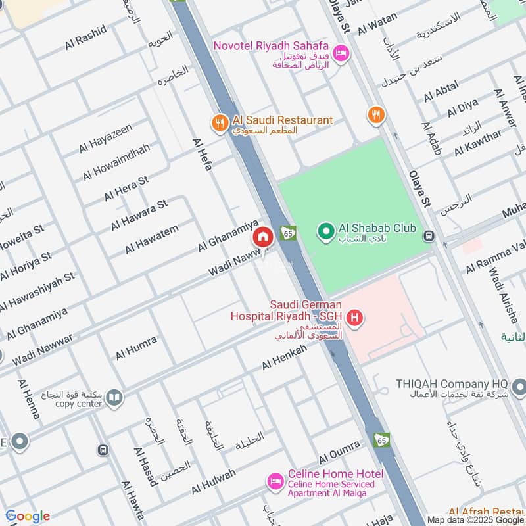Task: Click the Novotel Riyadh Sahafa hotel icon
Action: (x=341, y=53)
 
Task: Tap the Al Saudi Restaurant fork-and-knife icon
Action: (x=219, y=122)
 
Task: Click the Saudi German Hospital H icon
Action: (x=355, y=320)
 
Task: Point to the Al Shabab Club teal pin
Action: (x=325, y=231)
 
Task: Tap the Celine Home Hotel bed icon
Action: (x=275, y=482)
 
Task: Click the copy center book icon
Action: (x=114, y=398)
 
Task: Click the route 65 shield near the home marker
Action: (x=287, y=232)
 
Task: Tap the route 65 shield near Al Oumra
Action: (x=381, y=440)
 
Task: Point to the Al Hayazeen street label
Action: (x=106, y=138)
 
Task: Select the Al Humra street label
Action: (x=136, y=347)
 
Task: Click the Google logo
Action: (x=27, y=516)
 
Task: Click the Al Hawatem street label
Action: (x=151, y=239)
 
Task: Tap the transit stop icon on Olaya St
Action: (x=429, y=235)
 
